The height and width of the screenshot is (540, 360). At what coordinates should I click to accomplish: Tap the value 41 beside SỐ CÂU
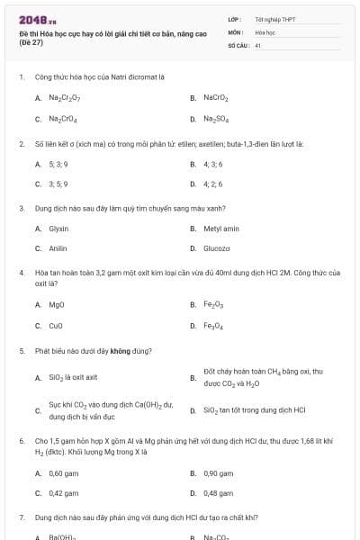pyautogui.click(x=257, y=44)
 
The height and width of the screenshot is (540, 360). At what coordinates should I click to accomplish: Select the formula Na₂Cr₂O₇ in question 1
pyautogui.click(x=64, y=97)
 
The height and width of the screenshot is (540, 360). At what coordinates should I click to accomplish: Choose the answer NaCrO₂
pyautogui.click(x=216, y=97)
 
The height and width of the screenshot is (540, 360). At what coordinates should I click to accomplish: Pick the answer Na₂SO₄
pyautogui.click(x=216, y=119)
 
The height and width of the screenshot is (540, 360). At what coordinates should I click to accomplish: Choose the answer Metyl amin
pyautogui.click(x=221, y=229)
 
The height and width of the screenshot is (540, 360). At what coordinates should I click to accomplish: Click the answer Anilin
pyautogui.click(x=58, y=248)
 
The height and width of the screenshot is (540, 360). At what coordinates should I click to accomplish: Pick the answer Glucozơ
pyautogui.click(x=217, y=248)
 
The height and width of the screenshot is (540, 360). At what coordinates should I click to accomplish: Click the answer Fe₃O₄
pyautogui.click(x=214, y=326)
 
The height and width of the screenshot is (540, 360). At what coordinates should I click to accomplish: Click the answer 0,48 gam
pyautogui.click(x=219, y=493)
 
